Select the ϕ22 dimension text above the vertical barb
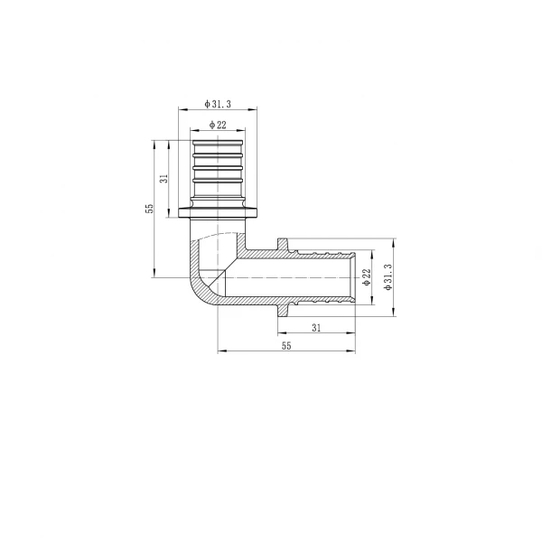[218, 124]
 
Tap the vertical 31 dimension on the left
[164, 178]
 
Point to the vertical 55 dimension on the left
[150, 208]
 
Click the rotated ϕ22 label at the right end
[367, 277]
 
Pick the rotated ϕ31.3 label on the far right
[388, 277]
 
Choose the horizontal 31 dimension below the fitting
[316, 326]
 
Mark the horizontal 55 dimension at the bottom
[286, 346]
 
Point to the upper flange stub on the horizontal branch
[283, 244]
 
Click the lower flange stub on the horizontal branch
[283, 310]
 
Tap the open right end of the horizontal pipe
[353, 276]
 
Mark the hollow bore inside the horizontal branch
[289, 276]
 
